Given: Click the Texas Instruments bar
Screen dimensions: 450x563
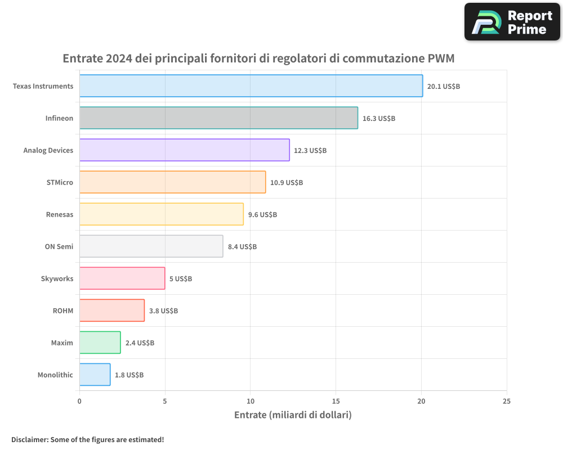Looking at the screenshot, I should click(x=251, y=86).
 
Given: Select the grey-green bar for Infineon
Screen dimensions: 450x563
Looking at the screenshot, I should click(x=218, y=118).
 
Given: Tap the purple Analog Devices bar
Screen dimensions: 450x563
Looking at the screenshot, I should click(x=184, y=150).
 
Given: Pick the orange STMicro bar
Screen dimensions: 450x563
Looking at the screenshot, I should click(x=172, y=182).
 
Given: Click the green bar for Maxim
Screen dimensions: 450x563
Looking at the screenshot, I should click(x=100, y=343).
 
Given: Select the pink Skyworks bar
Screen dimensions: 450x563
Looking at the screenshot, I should click(x=122, y=278).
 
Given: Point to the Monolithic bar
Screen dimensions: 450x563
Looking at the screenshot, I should click(x=95, y=375).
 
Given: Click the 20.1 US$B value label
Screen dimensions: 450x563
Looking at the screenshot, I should click(x=444, y=87).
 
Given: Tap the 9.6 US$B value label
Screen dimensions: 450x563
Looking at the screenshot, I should click(x=262, y=215).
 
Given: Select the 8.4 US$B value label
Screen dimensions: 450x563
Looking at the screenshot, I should click(x=242, y=247).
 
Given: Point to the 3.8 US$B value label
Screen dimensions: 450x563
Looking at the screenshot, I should click(x=163, y=311).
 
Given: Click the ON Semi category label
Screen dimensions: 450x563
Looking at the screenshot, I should click(x=59, y=246).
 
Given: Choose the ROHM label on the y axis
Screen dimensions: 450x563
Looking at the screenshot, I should click(x=63, y=310).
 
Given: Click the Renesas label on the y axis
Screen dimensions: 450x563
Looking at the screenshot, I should click(x=60, y=214).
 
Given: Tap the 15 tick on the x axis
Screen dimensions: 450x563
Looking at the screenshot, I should click(x=336, y=401).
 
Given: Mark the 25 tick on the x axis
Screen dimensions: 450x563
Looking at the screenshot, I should click(x=507, y=401).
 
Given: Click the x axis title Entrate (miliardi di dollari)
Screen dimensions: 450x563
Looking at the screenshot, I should click(x=293, y=415).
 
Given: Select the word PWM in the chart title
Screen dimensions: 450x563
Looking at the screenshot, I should click(x=441, y=58).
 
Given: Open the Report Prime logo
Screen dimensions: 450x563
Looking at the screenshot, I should click(x=512, y=22).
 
